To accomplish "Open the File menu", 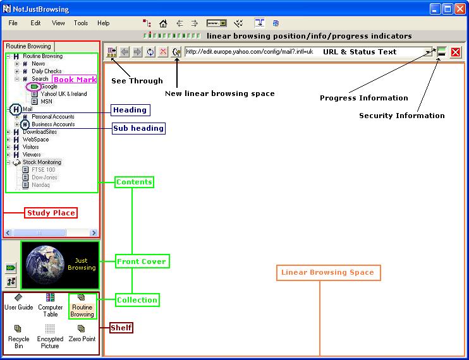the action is tap(13, 23).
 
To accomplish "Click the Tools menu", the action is tap(81, 23).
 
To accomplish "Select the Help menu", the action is tap(103, 23).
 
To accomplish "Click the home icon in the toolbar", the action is tap(163, 23).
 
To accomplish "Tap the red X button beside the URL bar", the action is tap(456, 52).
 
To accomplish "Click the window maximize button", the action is tap(448, 9).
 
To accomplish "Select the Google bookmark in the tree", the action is tap(49, 87).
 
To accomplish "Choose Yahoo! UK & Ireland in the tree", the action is tap(64, 94).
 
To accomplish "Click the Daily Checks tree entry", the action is tap(47, 71).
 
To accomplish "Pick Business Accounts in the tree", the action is tap(53, 124).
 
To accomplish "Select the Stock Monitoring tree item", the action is tap(42, 162).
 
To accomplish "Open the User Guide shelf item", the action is tap(18, 303).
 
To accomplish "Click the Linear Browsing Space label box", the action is tap(329, 272).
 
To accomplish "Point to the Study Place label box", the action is tap(51, 213).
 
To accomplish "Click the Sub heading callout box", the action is tap(138, 128).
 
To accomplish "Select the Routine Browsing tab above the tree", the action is tap(28, 46).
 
